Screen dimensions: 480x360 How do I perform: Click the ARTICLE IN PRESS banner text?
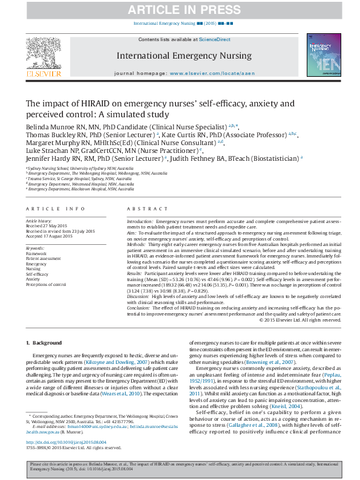pyautogui.click(x=180, y=10)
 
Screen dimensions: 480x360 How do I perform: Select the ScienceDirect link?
pyautogui.click(x=215, y=39)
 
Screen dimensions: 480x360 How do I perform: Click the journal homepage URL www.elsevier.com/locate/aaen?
pyautogui.click(x=211, y=73)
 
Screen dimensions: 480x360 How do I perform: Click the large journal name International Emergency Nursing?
pyautogui.click(x=184, y=56)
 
